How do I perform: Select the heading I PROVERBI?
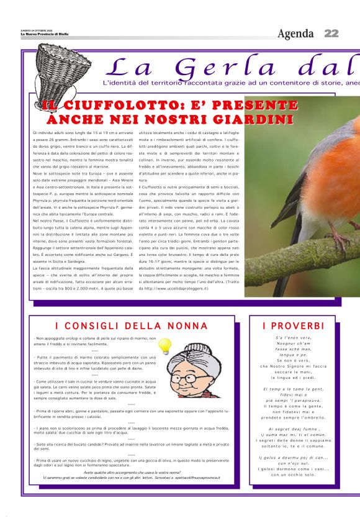pyautogui.click(x=293, y=325)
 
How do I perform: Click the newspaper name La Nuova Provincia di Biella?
pyautogui.click(x=44, y=35)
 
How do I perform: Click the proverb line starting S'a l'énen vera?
pyautogui.click(x=293, y=337)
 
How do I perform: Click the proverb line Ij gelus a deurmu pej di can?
pyautogui.click(x=293, y=458)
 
